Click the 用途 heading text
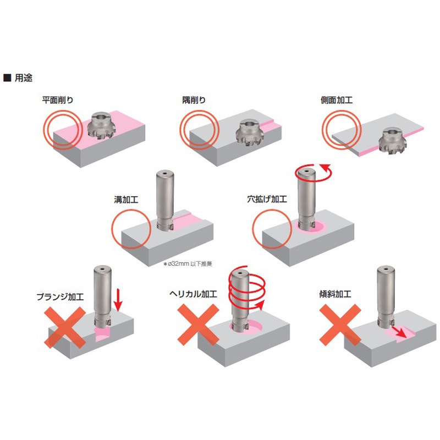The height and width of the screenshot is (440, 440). (23, 78)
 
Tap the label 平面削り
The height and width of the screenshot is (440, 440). (58, 100)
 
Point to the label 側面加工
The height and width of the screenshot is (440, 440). (337, 100)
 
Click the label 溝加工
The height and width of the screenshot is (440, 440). (126, 202)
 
